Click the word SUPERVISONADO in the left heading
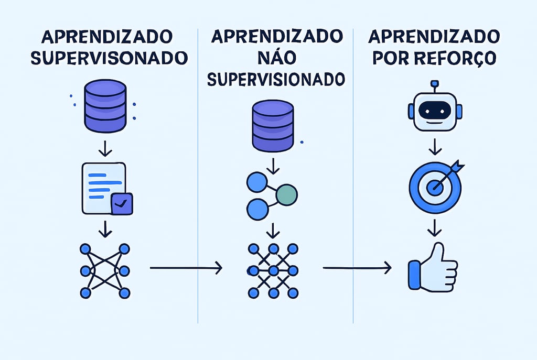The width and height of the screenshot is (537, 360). pos(109,58)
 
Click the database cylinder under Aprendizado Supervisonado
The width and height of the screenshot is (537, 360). pos(105,106)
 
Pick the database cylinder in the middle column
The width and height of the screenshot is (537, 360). pos(273,126)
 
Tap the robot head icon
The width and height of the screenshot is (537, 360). pos(435,111)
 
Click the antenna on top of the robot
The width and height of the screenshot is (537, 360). pos(434,85)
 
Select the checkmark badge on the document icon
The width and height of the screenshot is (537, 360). pos(122,204)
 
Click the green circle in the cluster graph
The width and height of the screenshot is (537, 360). pos(286,194)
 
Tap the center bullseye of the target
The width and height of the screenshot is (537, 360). pos(434,187)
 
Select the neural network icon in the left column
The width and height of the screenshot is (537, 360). pos(105,270)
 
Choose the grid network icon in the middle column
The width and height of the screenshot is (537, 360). pos(273,270)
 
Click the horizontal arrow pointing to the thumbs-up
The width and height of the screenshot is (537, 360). pos(357,268)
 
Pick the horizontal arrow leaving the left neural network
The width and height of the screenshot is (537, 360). pos(186,268)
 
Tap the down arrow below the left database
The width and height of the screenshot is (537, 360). pos(105,148)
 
